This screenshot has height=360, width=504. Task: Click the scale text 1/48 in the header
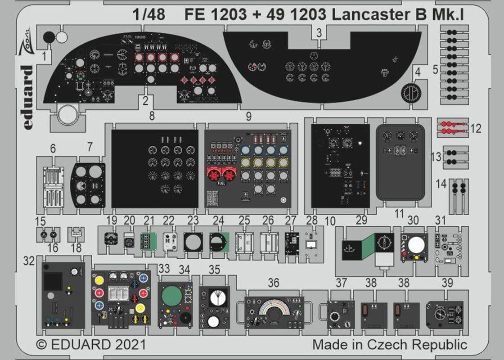(149, 14)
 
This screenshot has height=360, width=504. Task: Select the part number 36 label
(273, 283)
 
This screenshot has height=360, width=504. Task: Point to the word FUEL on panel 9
(221, 183)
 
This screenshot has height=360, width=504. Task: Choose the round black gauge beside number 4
(411, 93)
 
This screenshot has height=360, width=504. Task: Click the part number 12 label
(475, 129)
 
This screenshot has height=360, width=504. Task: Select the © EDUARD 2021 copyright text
(91, 345)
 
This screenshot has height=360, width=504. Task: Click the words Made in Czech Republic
(390, 345)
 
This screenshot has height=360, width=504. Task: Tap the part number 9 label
(248, 117)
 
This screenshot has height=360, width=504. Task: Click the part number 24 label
(218, 220)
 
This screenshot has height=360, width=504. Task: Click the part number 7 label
(90, 147)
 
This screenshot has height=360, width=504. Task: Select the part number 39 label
(447, 283)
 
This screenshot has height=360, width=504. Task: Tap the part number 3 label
(319, 32)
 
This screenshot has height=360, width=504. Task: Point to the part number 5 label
(435, 70)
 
